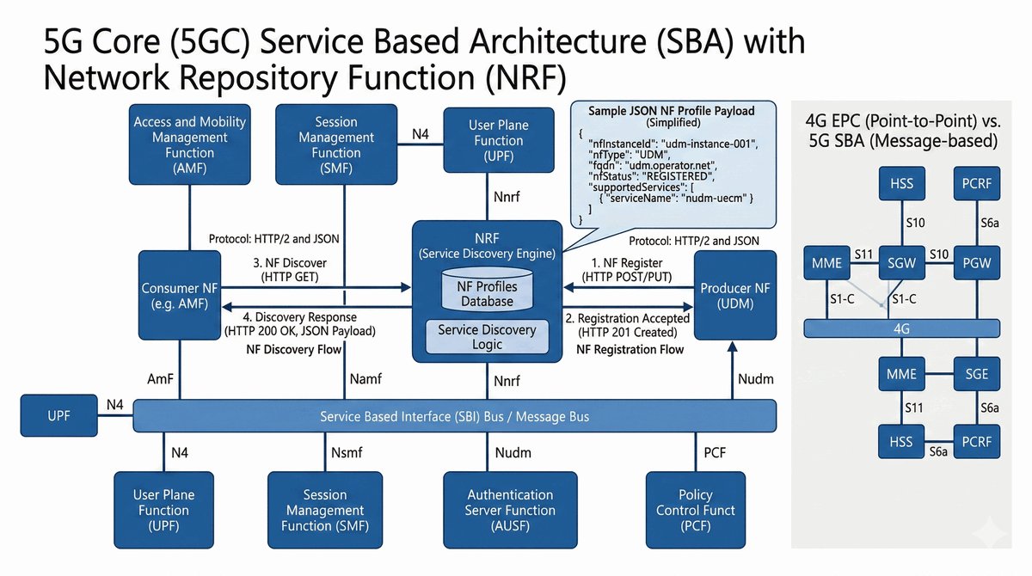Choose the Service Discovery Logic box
(487, 337)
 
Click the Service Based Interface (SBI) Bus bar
(455, 417)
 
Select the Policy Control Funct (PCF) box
(696, 510)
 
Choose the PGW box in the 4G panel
(976, 262)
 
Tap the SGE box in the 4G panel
(976, 374)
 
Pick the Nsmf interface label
(348, 452)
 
